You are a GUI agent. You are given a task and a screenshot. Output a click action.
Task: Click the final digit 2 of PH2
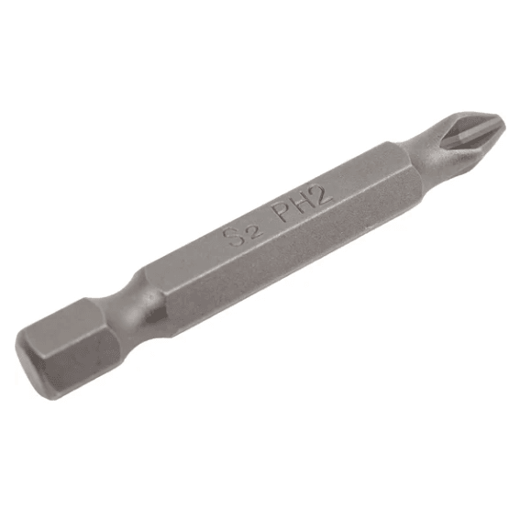pyautogui.click(x=320, y=194)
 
